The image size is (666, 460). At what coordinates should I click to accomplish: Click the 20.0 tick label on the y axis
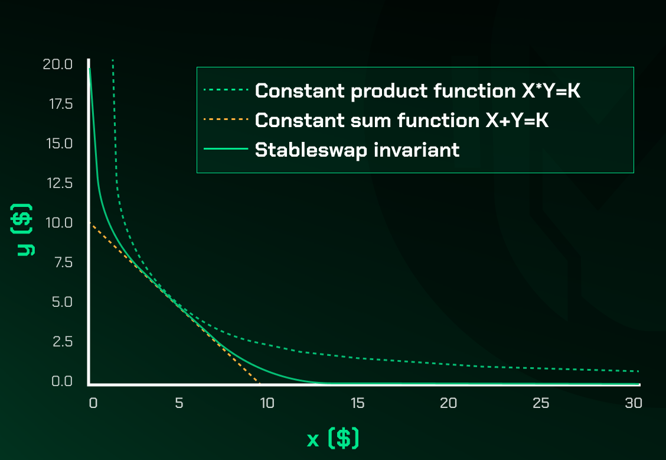58,64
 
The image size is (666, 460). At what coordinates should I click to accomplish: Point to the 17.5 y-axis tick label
61,104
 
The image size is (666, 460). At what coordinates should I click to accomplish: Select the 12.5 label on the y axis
60,183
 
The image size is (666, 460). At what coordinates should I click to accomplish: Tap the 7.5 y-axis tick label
63,263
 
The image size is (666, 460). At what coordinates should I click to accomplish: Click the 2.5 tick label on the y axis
63,342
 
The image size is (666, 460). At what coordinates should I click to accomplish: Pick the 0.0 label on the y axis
62,381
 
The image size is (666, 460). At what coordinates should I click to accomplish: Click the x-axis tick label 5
179,403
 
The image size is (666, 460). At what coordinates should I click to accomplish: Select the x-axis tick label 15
358,403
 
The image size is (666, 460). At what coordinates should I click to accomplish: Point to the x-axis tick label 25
541,403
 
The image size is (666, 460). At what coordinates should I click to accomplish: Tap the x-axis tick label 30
634,403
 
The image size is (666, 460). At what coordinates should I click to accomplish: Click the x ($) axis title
333,438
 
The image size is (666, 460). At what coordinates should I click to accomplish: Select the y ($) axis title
22,230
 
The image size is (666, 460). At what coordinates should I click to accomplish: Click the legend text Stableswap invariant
357,150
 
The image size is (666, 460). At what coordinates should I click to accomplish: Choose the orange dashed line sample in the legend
226,119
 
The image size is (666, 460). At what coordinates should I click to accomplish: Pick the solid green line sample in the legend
226,148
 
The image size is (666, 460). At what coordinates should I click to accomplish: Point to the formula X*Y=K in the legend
551,90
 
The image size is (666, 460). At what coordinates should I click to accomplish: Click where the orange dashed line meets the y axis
90,222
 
